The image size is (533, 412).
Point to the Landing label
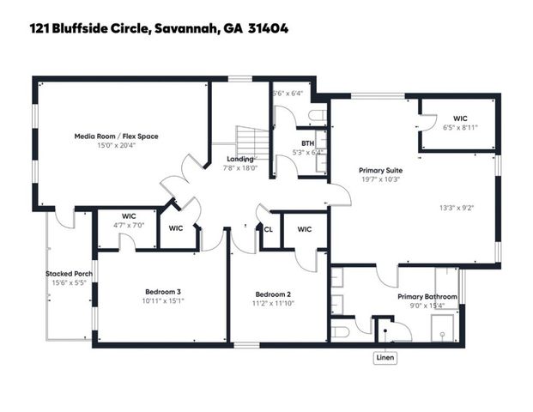(239, 159)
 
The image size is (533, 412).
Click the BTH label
(306, 143)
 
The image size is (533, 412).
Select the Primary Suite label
(382, 171)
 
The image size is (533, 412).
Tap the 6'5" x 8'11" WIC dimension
(460, 126)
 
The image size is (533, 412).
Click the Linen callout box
(384, 358)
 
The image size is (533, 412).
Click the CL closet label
(268, 229)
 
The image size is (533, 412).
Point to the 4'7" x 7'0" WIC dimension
(130, 225)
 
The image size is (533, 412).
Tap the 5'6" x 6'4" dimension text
(288, 93)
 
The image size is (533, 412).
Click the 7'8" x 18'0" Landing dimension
(239, 168)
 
